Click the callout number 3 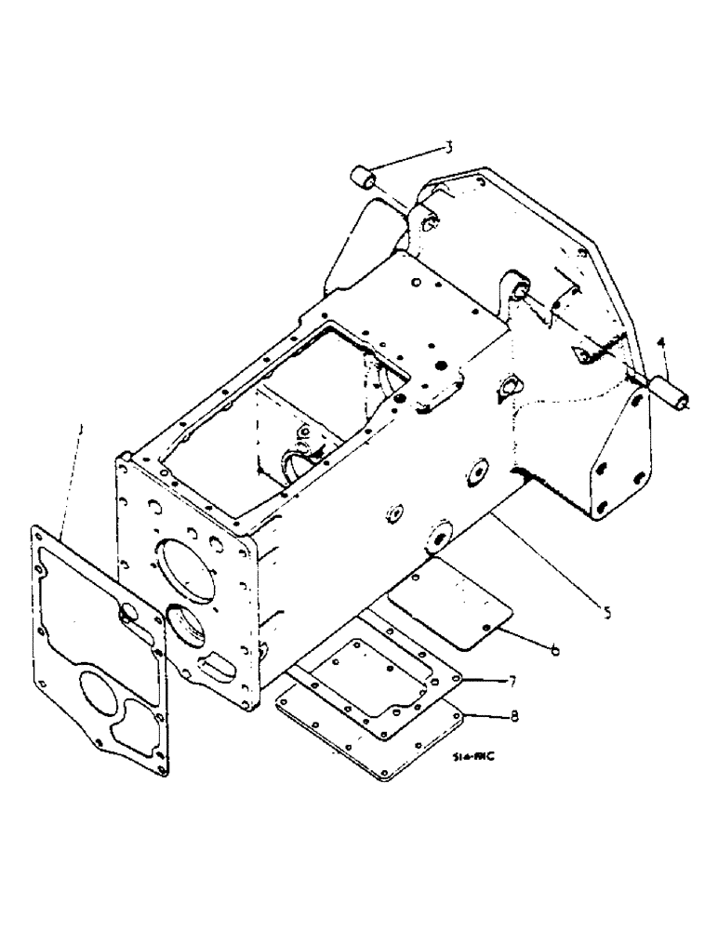pyautogui.click(x=447, y=147)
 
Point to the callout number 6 pyautogui.click(x=554, y=648)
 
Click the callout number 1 pyautogui.click(x=81, y=430)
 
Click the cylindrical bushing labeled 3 pyautogui.click(x=368, y=179)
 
